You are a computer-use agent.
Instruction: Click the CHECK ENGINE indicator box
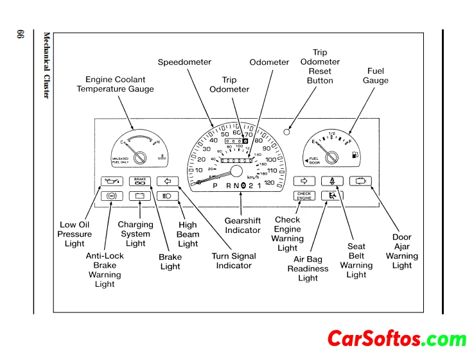click(304, 196)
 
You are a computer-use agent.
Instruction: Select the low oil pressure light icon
click(111, 181)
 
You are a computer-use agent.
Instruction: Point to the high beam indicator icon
click(166, 196)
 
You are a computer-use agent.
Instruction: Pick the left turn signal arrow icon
click(166, 181)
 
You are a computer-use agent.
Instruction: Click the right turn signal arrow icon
click(304, 181)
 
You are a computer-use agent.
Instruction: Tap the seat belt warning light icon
click(332, 181)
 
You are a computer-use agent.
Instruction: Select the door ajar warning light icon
click(360, 181)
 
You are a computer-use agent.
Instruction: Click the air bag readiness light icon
click(332, 196)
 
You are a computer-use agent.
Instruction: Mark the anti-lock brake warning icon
click(111, 196)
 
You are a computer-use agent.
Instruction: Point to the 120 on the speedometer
click(268, 183)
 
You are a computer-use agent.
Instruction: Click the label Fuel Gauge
click(375, 76)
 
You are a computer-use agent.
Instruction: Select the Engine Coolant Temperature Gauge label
click(115, 84)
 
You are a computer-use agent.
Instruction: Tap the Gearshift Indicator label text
click(242, 225)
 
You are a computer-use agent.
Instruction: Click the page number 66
click(19, 36)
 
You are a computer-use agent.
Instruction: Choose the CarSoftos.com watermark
click(396, 339)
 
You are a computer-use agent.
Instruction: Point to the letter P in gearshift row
click(216, 185)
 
